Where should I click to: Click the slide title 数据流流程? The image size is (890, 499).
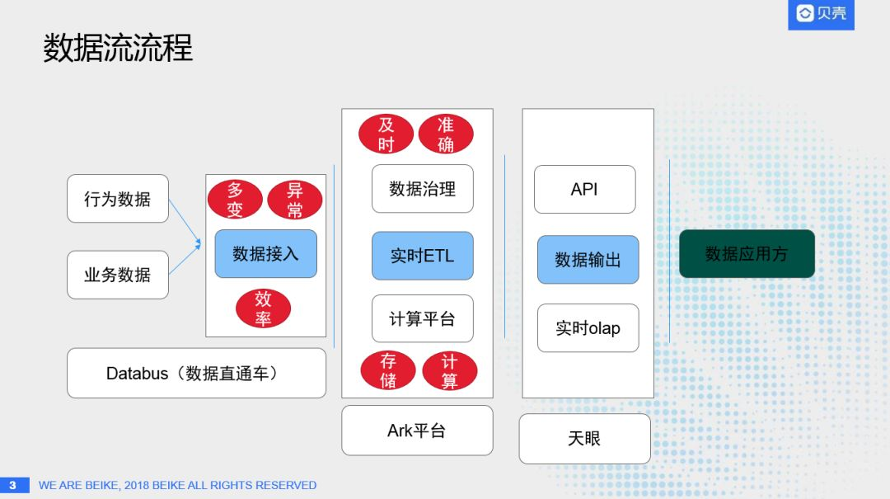point(118,49)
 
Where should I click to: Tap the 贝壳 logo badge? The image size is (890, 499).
point(821,14)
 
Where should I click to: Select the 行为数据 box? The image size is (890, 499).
point(118,199)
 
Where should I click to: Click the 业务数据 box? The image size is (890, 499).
point(118,275)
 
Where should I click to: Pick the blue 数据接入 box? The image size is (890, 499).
point(265,254)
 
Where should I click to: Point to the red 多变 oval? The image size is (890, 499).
point(235,200)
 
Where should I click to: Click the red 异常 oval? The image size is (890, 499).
point(294,200)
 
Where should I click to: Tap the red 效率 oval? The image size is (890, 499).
point(263,308)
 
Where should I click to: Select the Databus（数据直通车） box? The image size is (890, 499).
point(196,374)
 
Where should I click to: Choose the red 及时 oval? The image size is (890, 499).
point(386,134)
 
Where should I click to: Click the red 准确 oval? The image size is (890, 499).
point(446,134)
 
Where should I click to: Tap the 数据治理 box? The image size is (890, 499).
point(422,189)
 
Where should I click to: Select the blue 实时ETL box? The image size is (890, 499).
point(422,256)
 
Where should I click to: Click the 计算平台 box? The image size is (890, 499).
point(422,318)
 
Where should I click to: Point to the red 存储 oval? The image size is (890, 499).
point(388,371)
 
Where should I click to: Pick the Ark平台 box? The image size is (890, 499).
point(417,431)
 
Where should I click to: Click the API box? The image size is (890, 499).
point(584,189)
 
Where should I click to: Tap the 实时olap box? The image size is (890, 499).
point(588,328)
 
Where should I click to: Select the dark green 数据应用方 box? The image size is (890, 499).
point(747,254)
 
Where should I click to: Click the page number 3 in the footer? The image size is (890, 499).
point(13,485)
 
